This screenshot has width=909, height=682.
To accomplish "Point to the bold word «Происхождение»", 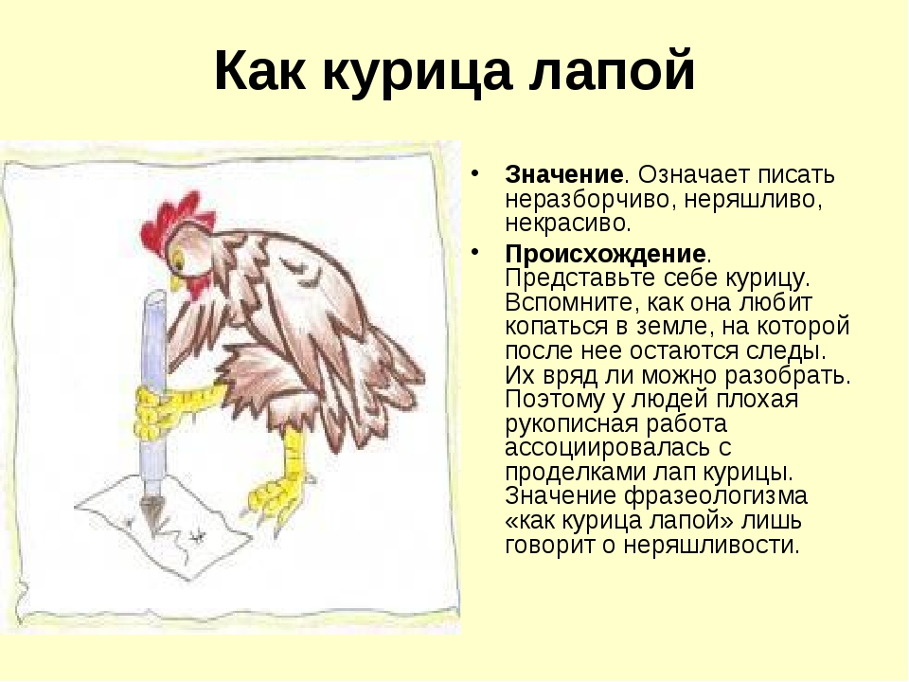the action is pyautogui.click(x=605, y=254).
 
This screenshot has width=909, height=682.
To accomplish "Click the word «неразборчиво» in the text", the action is pyautogui.click(x=588, y=200).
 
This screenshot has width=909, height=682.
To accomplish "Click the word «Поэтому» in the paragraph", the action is pyautogui.click(x=555, y=400).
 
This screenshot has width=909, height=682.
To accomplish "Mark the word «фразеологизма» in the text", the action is pyautogui.click(x=716, y=496).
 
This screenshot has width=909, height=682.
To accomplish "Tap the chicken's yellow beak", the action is pyautogui.click(x=174, y=282).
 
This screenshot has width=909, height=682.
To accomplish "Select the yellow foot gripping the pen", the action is pyautogui.click(x=169, y=409).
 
